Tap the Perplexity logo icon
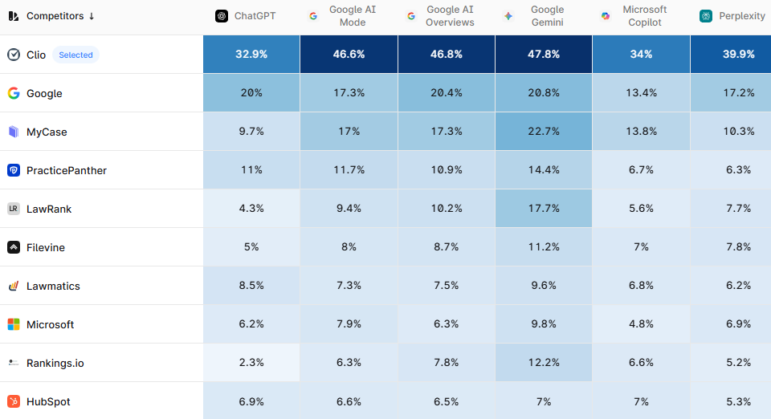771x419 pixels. pos(706,16)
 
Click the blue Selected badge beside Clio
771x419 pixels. pos(75,55)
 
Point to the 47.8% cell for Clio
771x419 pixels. pos(544,55)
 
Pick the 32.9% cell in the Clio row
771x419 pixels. pos(251,55)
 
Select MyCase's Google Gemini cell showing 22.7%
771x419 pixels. pos(544,132)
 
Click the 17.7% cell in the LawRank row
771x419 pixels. pos(544,209)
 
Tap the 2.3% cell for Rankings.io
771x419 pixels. pos(251,363)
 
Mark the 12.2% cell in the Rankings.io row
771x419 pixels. pos(544,363)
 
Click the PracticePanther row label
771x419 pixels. pos(66,170)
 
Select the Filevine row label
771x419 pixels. pos(46,247)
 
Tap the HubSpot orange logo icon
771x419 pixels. pos(14,401)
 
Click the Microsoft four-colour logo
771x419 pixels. pos(14,324)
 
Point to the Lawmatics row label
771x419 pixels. pos(53,286)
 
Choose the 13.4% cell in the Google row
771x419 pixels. pos(641,93)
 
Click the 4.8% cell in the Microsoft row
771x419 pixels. pos(641,324)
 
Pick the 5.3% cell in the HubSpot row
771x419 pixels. pos(738,401)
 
